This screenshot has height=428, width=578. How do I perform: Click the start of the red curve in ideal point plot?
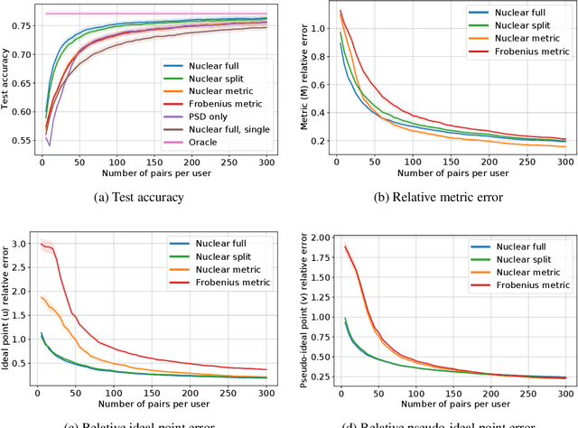coord(40,242)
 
